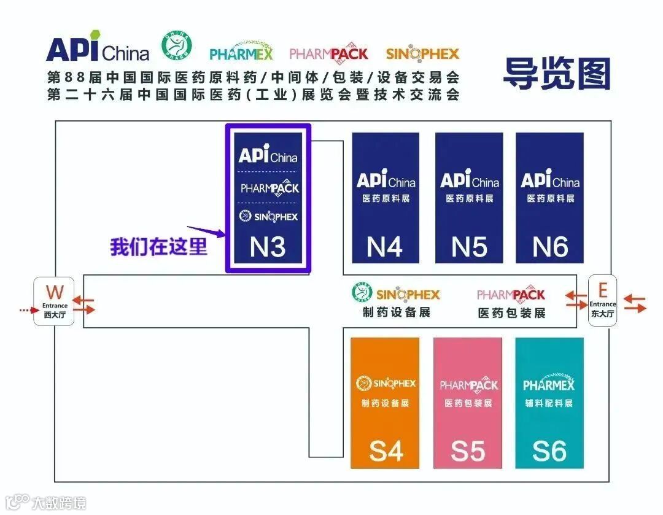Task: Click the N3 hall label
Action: click(x=268, y=247)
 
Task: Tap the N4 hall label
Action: click(x=385, y=247)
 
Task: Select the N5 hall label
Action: click(x=469, y=247)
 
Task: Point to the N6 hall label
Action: click(x=549, y=247)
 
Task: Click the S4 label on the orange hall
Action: click(x=386, y=451)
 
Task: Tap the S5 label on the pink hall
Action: click(x=468, y=451)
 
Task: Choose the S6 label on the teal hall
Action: click(x=549, y=451)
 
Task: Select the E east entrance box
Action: click(x=602, y=301)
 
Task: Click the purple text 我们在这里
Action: click(x=158, y=247)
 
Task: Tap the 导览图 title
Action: click(x=557, y=74)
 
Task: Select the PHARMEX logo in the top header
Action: click(x=241, y=53)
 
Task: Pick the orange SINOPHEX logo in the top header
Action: click(x=422, y=53)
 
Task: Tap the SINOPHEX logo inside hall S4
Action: click(x=386, y=384)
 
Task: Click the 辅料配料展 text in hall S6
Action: click(x=549, y=403)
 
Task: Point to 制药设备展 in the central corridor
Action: click(x=396, y=312)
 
